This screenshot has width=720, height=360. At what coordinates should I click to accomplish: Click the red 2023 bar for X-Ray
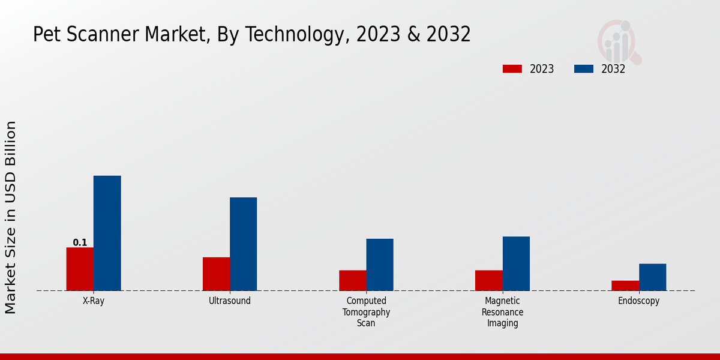80,269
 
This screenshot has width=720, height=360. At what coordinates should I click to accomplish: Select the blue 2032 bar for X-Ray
107,233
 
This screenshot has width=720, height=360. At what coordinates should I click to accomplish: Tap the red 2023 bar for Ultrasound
216,274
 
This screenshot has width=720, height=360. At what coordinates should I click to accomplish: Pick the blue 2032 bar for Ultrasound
243,244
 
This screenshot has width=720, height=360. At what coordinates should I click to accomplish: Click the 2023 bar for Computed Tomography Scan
352,280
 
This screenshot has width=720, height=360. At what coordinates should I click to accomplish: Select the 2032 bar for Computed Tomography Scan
380,265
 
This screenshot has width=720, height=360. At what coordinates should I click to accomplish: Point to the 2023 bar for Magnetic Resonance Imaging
488,280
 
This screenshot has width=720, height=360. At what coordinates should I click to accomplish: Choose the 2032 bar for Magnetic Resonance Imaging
516,263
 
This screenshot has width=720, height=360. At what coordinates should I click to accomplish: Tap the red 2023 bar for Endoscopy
625,286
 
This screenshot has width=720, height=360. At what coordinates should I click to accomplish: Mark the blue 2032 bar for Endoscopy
652,277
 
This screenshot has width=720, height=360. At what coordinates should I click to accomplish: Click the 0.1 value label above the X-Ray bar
80,242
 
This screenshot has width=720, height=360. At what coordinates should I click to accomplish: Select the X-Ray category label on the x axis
94,301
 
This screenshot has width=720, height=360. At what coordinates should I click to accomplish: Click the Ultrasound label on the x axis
230,301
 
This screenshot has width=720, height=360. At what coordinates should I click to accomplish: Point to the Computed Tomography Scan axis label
366,312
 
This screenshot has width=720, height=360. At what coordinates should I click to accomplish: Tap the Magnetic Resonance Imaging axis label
502,312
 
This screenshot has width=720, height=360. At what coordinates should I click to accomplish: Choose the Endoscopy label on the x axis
638,301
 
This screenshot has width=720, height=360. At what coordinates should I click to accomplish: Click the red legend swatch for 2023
512,69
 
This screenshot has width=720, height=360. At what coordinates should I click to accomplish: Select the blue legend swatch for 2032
583,69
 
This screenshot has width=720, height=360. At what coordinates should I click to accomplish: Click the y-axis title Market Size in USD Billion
11,217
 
